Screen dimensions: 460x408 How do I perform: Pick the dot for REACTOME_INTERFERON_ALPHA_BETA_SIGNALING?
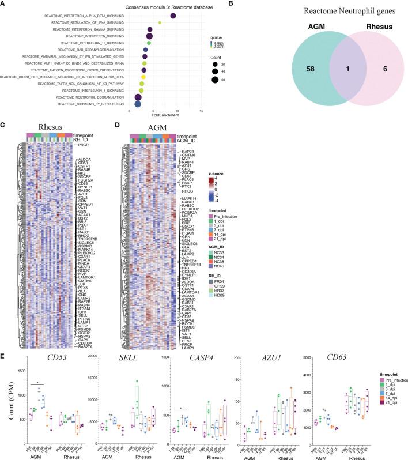coord(173,15)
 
